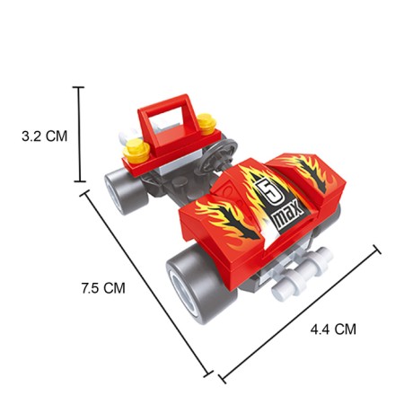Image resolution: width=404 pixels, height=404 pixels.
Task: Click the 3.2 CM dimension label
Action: point(45,136)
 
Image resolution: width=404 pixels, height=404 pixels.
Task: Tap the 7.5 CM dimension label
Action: point(103,288)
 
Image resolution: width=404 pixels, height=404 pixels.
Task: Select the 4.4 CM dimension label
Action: point(333,329)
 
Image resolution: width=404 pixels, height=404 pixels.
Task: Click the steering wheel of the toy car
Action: point(218,156)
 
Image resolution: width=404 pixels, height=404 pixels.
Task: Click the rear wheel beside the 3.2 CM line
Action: point(125,190)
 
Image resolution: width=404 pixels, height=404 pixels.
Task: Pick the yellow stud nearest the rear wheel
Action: point(136,151)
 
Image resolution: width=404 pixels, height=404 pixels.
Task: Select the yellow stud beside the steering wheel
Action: point(206,124)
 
